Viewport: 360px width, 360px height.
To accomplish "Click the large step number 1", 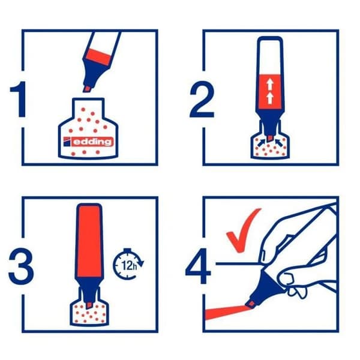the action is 19,99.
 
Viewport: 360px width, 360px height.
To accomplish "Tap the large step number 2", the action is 202,99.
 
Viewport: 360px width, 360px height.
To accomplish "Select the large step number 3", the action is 21,266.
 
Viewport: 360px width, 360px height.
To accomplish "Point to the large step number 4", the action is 198,266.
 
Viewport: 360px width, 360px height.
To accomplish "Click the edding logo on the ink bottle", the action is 88,142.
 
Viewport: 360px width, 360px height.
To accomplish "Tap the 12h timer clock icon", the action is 128,264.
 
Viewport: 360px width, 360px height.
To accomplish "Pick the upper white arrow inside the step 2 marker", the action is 270,84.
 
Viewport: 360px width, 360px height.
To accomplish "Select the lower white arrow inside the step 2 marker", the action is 270,98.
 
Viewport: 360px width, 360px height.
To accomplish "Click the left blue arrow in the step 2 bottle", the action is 261,143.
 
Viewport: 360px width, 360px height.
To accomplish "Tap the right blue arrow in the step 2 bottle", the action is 279,143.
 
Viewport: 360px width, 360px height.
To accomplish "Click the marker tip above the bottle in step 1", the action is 87,89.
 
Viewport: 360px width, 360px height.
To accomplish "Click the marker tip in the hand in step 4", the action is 251,304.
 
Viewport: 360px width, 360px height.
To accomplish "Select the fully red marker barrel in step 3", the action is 89,241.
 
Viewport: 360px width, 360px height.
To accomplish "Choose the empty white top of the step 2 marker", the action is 270,57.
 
